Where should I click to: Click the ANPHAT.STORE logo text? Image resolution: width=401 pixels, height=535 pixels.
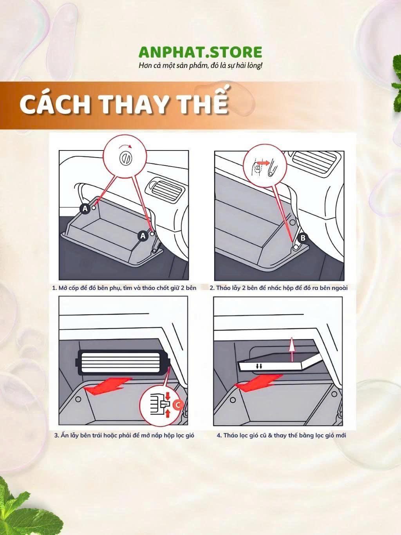(200, 52)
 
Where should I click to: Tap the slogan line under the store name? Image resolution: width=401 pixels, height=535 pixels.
(200, 66)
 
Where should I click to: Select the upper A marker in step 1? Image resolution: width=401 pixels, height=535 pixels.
(85, 209)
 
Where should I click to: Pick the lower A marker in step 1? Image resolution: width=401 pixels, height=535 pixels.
(143, 236)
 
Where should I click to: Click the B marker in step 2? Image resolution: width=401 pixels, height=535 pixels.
(303, 238)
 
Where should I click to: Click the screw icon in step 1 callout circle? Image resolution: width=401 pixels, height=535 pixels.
(126, 158)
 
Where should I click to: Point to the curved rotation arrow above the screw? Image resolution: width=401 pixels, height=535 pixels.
(125, 145)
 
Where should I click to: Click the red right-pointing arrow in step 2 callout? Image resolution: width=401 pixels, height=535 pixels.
(264, 163)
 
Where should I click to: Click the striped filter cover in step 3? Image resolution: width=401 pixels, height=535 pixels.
(123, 363)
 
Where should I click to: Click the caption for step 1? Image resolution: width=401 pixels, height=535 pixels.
(124, 288)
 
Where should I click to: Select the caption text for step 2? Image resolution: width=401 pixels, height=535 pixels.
(278, 288)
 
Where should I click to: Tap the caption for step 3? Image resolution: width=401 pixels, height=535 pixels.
(124, 435)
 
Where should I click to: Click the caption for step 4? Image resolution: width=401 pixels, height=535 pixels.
(281, 435)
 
